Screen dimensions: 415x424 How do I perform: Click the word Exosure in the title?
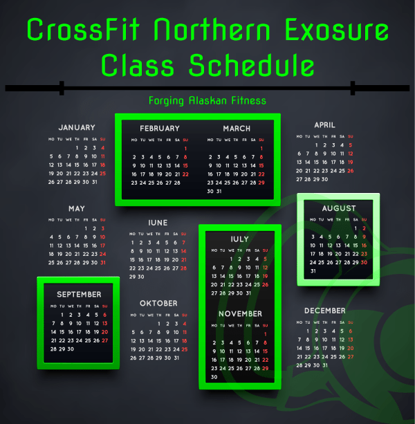(x=337, y=29)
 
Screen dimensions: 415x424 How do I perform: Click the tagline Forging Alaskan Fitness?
(x=207, y=100)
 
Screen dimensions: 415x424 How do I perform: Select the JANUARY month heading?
(x=77, y=127)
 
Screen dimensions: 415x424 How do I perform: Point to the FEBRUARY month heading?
(x=160, y=128)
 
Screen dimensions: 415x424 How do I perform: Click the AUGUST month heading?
(x=339, y=208)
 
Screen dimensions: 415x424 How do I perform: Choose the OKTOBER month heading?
(x=158, y=303)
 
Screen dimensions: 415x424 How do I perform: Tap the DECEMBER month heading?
(x=324, y=311)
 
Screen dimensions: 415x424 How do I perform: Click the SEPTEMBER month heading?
(x=79, y=294)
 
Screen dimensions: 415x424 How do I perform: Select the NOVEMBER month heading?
(x=240, y=313)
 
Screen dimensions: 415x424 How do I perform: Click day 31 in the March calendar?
(x=219, y=191)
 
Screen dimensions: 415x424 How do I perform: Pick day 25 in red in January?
(x=103, y=174)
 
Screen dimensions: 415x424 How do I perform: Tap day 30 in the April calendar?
(x=324, y=179)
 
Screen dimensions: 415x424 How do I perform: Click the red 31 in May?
(x=103, y=263)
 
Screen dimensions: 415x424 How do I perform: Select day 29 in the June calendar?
(x=132, y=277)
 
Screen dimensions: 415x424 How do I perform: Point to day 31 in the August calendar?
(x=313, y=271)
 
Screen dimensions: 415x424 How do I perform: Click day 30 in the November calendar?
(x=214, y=377)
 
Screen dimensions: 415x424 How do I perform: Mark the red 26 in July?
(x=265, y=284)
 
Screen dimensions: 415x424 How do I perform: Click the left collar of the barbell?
(x=62, y=88)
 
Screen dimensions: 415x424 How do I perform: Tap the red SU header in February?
(x=185, y=140)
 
